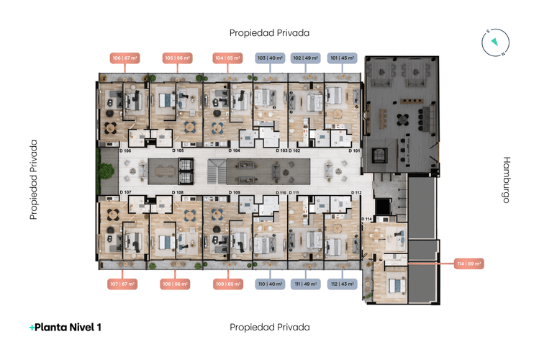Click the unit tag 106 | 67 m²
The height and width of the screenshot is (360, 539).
[x=124, y=58]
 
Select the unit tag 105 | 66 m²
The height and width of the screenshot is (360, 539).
[x=176, y=58]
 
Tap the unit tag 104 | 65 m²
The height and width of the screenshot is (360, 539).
[x=227, y=58]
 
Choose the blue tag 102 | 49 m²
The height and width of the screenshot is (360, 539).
[x=307, y=58]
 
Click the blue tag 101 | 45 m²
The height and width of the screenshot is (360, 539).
[x=342, y=58]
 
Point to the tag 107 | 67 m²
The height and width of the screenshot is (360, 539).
[x=123, y=284]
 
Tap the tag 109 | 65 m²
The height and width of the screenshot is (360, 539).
[x=227, y=284]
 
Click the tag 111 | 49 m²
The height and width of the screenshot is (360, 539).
[x=307, y=284]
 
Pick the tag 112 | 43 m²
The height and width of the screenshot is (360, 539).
[x=342, y=284]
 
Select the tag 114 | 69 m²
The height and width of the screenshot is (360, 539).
[x=468, y=264]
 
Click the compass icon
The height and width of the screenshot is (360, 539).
[x=494, y=42]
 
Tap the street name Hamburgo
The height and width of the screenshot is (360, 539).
[x=506, y=180]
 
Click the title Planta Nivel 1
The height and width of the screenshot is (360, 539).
[x=65, y=328]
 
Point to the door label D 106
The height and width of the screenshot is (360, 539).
[x=124, y=151]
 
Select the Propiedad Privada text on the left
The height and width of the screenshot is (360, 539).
[x=33, y=180]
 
